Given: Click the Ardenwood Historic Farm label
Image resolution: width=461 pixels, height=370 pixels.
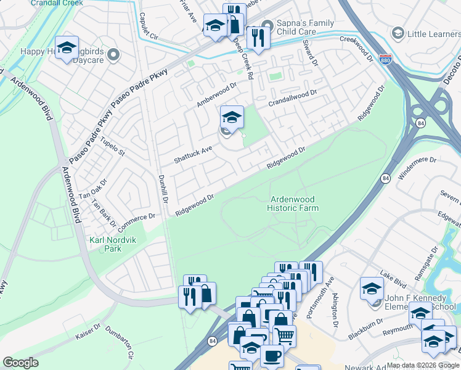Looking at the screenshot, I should (x=293, y=203).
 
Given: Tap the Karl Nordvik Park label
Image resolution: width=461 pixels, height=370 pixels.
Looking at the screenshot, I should (x=105, y=244).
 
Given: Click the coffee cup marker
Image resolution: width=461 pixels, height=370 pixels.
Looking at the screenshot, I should (x=271, y=356).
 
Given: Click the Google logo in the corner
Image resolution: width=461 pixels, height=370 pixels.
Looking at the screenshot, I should (x=20, y=363).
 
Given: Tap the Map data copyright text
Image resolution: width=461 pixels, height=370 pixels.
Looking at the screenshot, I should (x=423, y=365).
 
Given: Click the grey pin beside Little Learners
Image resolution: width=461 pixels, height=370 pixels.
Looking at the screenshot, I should (x=398, y=33).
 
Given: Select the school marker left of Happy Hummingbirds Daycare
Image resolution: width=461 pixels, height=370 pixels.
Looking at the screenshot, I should (x=66, y=48).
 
